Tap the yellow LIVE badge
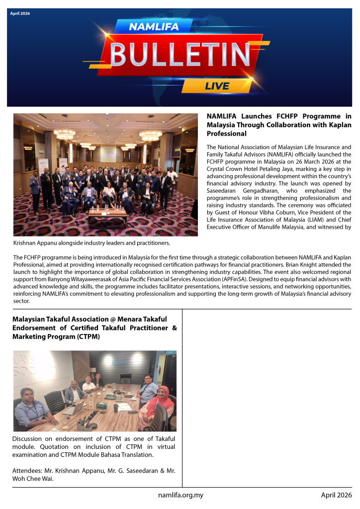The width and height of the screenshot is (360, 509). coord(217,85)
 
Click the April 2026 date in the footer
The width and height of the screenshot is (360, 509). coord(336,495)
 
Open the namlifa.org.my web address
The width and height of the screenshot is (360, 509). coord(180,495)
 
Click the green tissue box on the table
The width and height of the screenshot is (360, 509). coord(102,406)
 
